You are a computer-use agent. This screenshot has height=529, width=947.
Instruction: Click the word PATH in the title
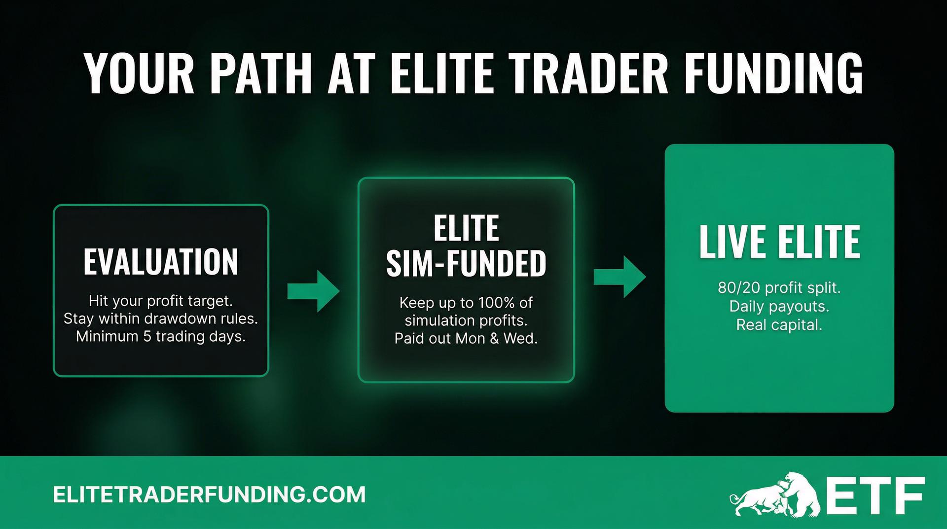[x=261, y=74]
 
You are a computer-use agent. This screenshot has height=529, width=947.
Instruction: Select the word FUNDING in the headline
[x=773, y=74]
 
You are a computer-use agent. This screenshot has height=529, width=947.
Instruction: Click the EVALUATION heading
[x=161, y=262]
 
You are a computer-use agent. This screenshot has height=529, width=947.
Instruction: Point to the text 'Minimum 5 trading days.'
[x=161, y=337]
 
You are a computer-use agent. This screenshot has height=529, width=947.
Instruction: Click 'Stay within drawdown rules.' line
[x=161, y=318]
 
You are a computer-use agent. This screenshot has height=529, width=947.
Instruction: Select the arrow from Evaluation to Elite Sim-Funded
[x=314, y=291]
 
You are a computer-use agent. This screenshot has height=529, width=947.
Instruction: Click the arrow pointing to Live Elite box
[x=619, y=277]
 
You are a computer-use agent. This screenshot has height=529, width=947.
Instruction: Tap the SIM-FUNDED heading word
[x=466, y=264]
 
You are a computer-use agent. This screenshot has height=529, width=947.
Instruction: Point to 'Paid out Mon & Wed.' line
[x=466, y=339]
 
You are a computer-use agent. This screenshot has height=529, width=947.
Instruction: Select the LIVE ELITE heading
[x=779, y=242]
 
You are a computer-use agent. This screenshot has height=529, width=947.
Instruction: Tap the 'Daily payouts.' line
[x=779, y=307]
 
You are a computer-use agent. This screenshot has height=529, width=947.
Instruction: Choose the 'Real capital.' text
[x=779, y=325]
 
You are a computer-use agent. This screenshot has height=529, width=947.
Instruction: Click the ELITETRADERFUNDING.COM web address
[x=209, y=494]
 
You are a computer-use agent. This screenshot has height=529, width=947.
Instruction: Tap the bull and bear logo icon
[x=774, y=494]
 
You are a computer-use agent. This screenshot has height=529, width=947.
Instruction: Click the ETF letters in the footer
[x=875, y=494]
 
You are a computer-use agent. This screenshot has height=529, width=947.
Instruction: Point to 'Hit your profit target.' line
[x=161, y=301]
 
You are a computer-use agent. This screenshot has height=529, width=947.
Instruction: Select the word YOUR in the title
[x=140, y=74]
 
